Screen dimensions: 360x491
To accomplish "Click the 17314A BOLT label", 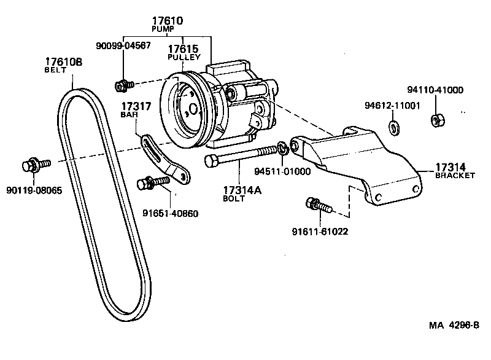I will click(242, 194).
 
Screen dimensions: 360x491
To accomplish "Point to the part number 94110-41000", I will click(435, 90).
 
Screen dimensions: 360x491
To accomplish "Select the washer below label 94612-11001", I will click(393, 128).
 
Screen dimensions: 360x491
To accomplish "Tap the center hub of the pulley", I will click(193, 111).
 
